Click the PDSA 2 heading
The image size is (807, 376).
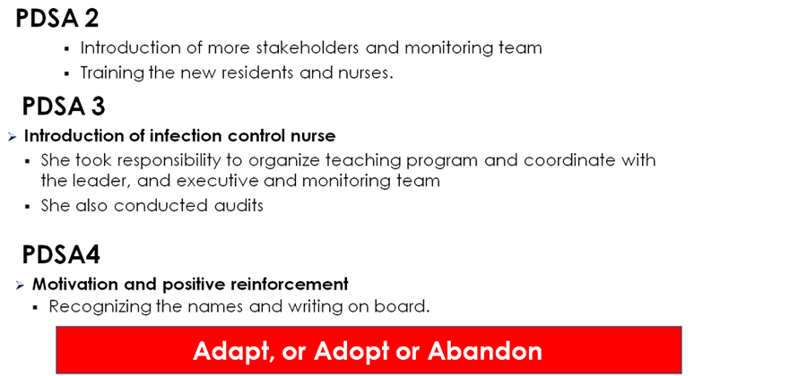tap(57, 19)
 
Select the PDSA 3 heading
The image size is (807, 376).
tap(64, 107)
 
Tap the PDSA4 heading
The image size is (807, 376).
tap(61, 255)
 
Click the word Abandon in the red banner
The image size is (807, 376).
tap(485, 350)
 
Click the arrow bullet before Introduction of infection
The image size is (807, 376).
tap(13, 137)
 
